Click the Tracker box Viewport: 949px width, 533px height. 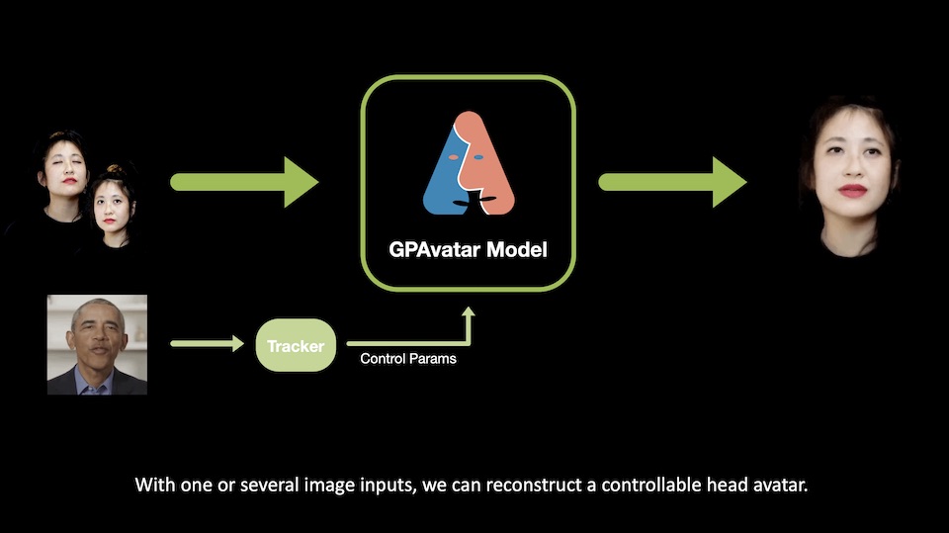coord(297,345)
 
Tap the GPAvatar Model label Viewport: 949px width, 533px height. coord(467,249)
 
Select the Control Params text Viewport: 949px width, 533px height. coord(408,359)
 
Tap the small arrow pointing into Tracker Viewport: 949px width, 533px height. coord(207,344)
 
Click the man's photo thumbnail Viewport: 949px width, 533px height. coord(97,344)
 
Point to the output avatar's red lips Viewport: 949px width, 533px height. coord(852,190)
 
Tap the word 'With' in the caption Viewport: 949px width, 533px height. coord(152,486)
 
